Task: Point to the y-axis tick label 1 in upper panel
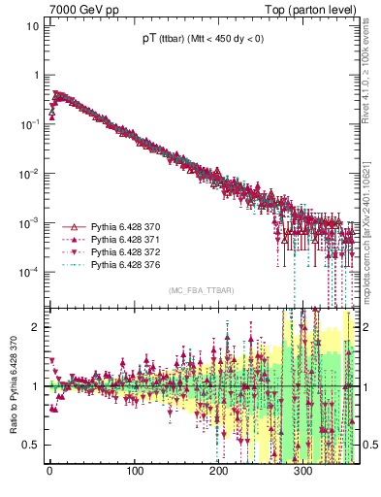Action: point(36,75)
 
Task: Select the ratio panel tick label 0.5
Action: point(32,445)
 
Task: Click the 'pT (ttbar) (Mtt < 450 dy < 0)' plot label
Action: point(200,40)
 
